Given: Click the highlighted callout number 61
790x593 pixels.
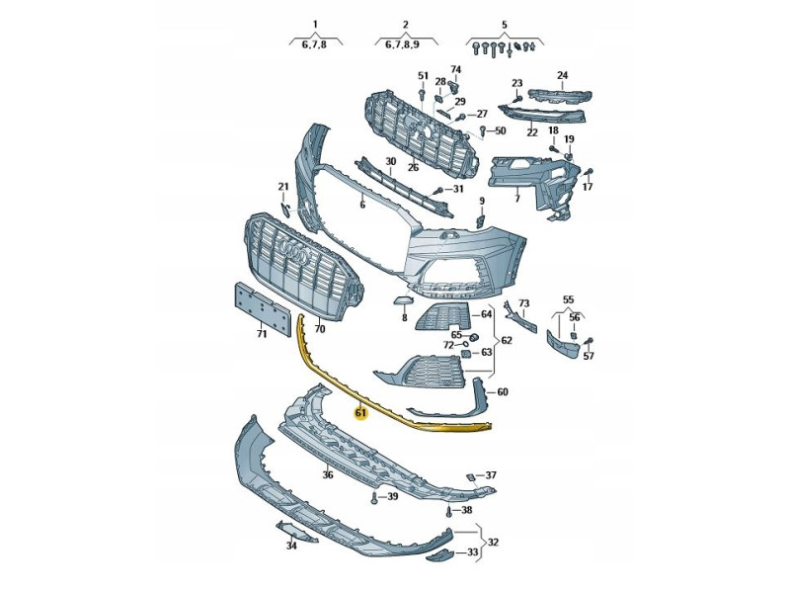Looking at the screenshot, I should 360,413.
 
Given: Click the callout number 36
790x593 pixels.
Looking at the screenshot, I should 328,475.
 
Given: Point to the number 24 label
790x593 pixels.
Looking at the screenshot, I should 562,75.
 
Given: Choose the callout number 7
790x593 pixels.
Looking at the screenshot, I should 515,199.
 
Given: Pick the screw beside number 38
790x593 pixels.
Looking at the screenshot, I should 449,511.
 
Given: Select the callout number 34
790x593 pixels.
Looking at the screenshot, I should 291,545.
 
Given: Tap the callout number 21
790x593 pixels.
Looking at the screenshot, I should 282,187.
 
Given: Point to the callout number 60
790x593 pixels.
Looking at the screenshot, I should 502,392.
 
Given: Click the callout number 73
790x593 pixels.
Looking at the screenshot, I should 524,303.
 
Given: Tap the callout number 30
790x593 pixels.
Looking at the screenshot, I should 390,162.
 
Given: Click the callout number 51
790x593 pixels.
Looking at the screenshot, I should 423,76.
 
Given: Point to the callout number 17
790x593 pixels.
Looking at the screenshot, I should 588,187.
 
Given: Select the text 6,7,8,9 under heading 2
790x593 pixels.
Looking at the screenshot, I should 397,43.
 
